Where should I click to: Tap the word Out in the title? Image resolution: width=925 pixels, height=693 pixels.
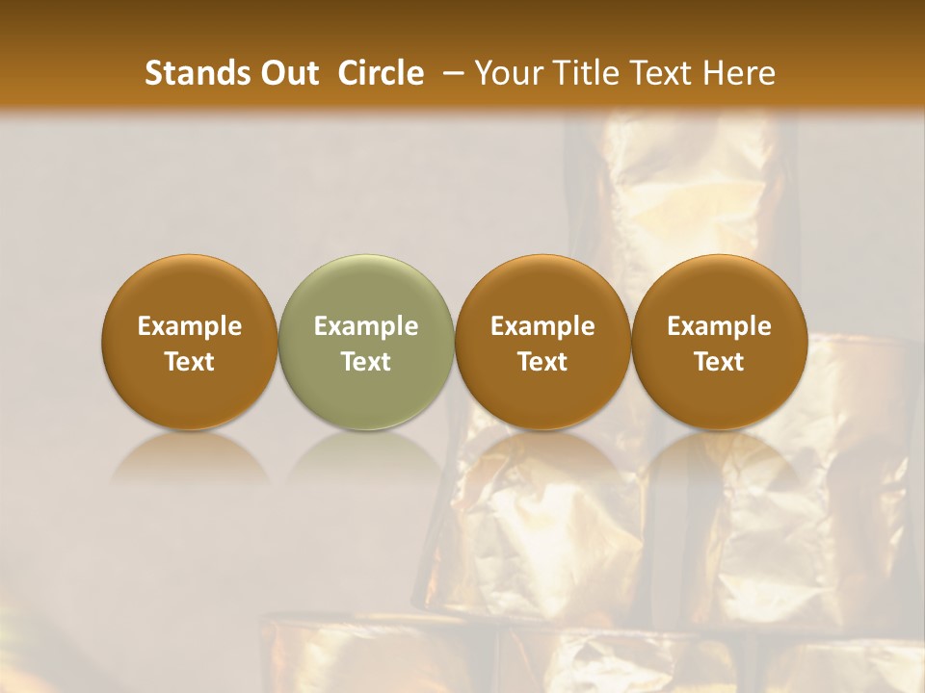coord(287,73)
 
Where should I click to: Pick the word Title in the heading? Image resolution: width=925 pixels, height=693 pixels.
coord(585,73)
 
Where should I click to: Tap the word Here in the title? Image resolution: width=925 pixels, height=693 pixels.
coord(738,73)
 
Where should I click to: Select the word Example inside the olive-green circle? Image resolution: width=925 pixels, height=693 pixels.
coord(366,326)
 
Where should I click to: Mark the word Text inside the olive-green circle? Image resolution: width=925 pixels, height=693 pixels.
coord(366,362)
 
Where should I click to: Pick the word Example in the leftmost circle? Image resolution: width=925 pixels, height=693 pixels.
coord(190,326)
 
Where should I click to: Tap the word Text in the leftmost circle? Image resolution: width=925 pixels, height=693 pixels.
coord(190,362)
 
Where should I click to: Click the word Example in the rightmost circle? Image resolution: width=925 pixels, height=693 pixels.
coord(720,326)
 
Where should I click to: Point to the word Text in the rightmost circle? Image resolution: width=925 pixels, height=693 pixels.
coord(720,362)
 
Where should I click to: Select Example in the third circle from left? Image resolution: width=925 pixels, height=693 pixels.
coord(542,326)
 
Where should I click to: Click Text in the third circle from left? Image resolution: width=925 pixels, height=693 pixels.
coord(542,362)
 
